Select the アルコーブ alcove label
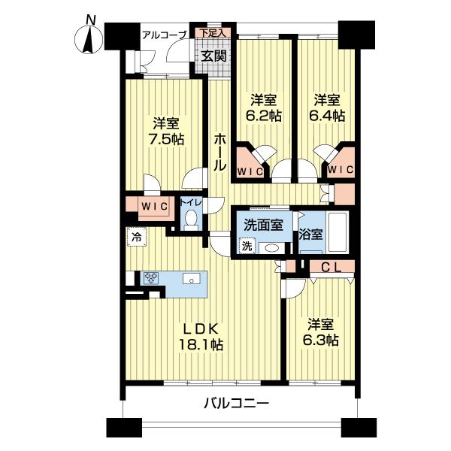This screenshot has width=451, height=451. tap(165, 35)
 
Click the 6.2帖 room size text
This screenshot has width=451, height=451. tap(265, 117)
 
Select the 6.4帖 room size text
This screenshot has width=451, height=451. tap(328, 116)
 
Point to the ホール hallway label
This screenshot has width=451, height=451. tap(220, 151)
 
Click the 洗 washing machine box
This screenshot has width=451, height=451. tap(247, 246)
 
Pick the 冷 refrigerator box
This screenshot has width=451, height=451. tap(136, 235)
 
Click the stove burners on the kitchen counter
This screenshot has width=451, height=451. tap(151, 277)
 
